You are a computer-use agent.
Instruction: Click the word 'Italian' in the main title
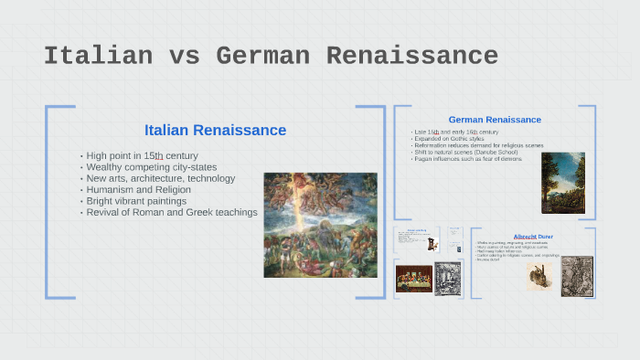98,56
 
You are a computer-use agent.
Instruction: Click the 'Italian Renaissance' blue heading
215,131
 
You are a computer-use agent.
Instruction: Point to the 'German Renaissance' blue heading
495,120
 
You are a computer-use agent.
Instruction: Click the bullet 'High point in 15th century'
142,156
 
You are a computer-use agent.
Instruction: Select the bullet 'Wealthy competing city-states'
151,167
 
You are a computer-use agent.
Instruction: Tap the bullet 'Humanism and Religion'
138,190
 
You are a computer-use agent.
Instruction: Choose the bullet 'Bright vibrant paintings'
136,201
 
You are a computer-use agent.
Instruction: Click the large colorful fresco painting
320,225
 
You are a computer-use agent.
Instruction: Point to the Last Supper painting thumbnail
413,279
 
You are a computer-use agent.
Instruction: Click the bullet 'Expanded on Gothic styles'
448,139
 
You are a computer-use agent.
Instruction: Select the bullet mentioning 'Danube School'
466,152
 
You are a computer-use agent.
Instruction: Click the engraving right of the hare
577,276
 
